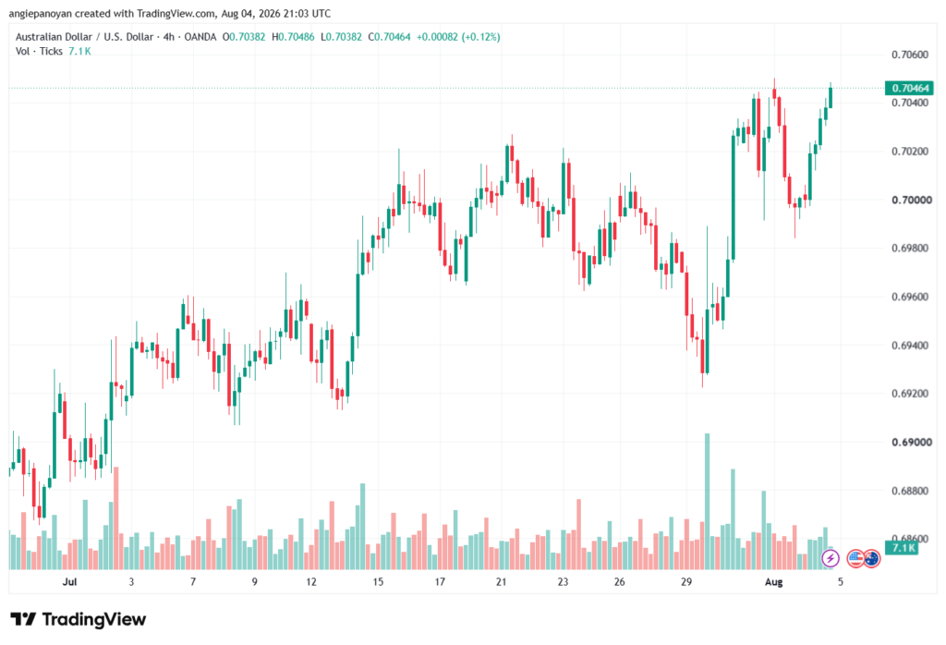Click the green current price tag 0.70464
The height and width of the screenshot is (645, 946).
(x=909, y=88)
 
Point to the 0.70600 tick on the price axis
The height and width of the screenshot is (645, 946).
(x=910, y=55)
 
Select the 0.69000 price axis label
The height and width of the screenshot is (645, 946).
(x=912, y=443)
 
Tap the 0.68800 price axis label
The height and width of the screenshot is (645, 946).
(x=910, y=491)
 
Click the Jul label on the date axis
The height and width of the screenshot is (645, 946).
(x=70, y=581)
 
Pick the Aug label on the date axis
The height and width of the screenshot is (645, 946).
(x=773, y=581)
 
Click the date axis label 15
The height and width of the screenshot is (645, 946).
(x=378, y=581)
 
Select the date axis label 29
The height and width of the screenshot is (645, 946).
(x=686, y=581)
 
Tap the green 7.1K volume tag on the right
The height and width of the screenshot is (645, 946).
(x=902, y=548)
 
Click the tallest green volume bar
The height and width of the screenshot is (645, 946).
(x=707, y=502)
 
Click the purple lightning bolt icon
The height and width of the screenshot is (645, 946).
(x=831, y=559)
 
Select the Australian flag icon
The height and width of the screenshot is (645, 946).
(x=871, y=559)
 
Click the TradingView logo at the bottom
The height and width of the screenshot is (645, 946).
(x=79, y=620)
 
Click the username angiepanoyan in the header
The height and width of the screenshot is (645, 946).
(x=40, y=13)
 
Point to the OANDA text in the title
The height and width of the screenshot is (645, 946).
(x=200, y=37)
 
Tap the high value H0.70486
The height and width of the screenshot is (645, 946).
(x=293, y=37)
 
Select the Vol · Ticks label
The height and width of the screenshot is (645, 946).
(x=39, y=52)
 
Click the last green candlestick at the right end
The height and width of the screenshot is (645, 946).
(x=831, y=98)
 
